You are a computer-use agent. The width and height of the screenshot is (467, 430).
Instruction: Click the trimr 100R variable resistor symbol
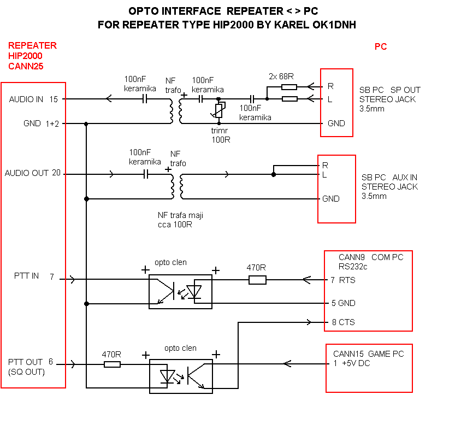219,110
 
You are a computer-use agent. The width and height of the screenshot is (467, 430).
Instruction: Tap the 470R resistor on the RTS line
257,280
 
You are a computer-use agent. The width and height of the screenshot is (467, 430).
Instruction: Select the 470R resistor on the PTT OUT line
111,364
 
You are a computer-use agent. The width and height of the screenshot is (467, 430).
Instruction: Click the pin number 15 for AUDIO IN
54,99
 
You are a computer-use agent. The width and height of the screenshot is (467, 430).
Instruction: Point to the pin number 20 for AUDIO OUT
56,173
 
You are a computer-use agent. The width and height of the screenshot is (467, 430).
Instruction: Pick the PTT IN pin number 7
52,276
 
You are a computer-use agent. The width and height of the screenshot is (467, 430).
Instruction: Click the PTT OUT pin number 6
51,362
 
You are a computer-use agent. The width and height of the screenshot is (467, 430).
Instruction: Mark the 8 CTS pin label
342,322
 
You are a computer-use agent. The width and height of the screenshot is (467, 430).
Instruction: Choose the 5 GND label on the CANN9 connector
343,303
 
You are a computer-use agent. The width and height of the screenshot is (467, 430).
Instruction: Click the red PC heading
381,47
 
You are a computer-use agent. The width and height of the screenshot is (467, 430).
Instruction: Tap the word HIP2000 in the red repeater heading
25,56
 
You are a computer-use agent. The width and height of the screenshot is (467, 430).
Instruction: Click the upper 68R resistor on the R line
289,86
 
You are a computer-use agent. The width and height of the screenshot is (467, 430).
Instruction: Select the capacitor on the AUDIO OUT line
146,174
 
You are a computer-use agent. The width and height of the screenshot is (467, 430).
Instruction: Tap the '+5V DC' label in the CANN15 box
356,364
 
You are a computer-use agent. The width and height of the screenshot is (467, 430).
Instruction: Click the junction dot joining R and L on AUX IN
274,174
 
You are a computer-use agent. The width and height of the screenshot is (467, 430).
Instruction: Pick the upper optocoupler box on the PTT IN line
180,292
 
